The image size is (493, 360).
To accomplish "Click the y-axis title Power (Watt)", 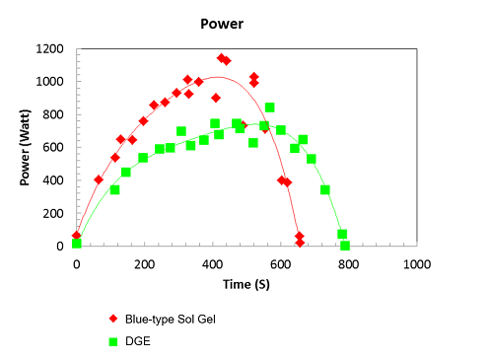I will tap(26, 147).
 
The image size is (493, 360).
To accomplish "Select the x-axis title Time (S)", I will tap(246, 284).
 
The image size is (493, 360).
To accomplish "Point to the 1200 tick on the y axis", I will tap(50, 48).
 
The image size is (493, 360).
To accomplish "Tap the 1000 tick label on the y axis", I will tap(50, 82).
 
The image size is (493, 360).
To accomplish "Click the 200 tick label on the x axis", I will tap(144, 264).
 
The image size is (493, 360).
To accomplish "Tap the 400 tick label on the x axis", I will tap(212, 264).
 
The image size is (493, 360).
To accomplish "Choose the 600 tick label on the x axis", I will tap(280, 264).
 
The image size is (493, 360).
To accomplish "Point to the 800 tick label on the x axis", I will tap(348, 264).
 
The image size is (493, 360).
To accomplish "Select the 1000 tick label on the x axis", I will tap(416, 264).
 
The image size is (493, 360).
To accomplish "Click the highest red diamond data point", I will tap(221, 58).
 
